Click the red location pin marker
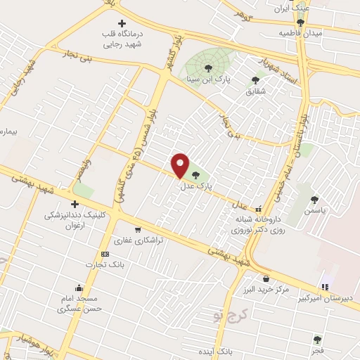point(181,166)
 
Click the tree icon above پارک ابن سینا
point(207,67)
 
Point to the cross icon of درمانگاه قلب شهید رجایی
point(122,23)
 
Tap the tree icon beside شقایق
point(255,79)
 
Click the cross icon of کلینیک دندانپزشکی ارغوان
point(75,204)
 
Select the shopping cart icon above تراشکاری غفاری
point(137,229)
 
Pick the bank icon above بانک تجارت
point(105,254)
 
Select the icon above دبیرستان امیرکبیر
point(324,286)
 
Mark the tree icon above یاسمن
point(314,200)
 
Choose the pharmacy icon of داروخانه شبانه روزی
point(259,209)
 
